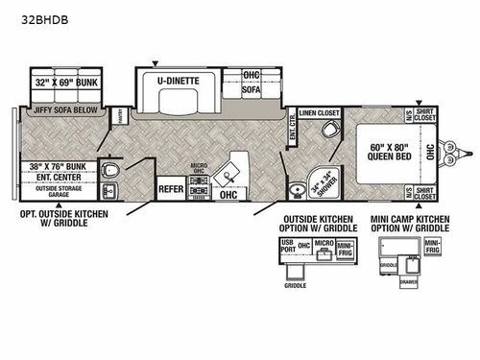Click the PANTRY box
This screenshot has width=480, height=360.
(x=119, y=114)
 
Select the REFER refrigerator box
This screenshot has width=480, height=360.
(x=172, y=189)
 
